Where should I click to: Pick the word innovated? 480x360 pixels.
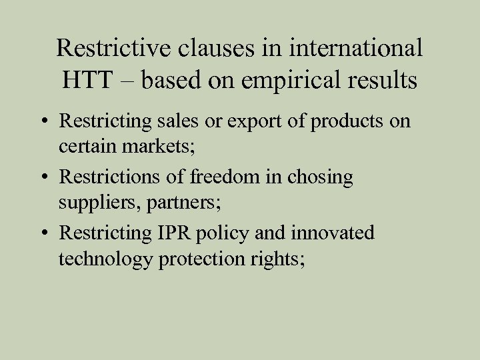click(331, 234)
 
